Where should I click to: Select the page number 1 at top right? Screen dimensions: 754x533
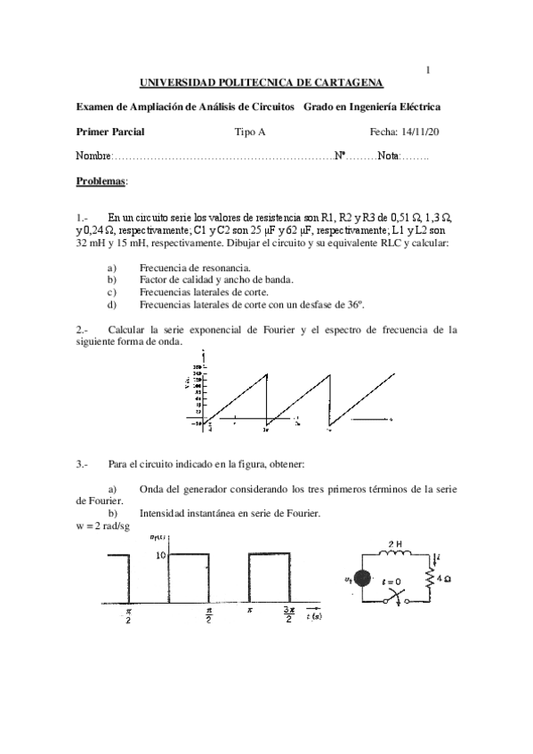coord(428,70)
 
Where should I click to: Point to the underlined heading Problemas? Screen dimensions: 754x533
coord(101,180)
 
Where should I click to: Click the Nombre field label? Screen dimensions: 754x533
coord(93,156)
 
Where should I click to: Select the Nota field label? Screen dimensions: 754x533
coord(388,156)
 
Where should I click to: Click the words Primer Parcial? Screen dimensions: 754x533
coord(110,132)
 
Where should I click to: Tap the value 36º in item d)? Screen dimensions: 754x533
coord(355,304)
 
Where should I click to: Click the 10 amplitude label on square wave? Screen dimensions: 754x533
coord(161,555)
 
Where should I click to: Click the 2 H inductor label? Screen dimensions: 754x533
coord(394,543)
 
